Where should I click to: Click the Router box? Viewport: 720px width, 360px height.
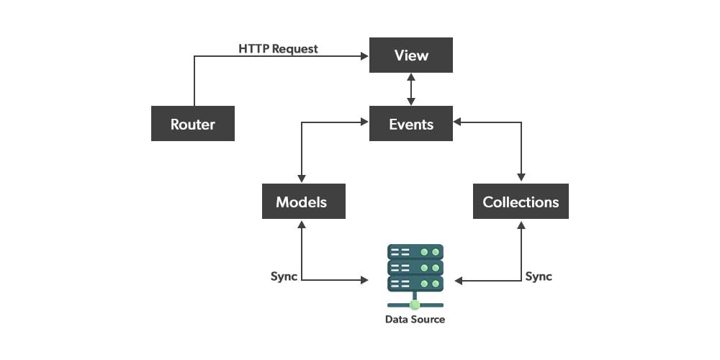(192, 124)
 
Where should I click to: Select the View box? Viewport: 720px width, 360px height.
(411, 55)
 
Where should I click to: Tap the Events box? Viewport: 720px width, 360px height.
(411, 124)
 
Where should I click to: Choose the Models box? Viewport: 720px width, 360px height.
(302, 202)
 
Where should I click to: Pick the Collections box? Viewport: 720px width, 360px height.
(521, 202)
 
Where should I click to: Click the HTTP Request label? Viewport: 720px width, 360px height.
(278, 49)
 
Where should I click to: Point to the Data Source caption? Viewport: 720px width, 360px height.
(415, 319)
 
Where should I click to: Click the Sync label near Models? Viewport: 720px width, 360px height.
(284, 276)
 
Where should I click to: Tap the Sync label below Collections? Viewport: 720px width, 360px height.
(539, 276)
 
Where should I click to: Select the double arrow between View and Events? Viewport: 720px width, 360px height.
(411, 89)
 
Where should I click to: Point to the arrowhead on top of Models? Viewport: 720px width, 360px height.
(302, 179)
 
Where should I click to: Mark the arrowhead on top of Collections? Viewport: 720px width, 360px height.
(521, 179)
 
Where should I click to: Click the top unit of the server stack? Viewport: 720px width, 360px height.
(415, 252)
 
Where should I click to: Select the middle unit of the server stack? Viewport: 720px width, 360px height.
(415, 268)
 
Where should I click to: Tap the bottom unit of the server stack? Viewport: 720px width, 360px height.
(415, 284)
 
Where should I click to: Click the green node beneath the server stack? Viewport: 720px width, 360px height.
(415, 305)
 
